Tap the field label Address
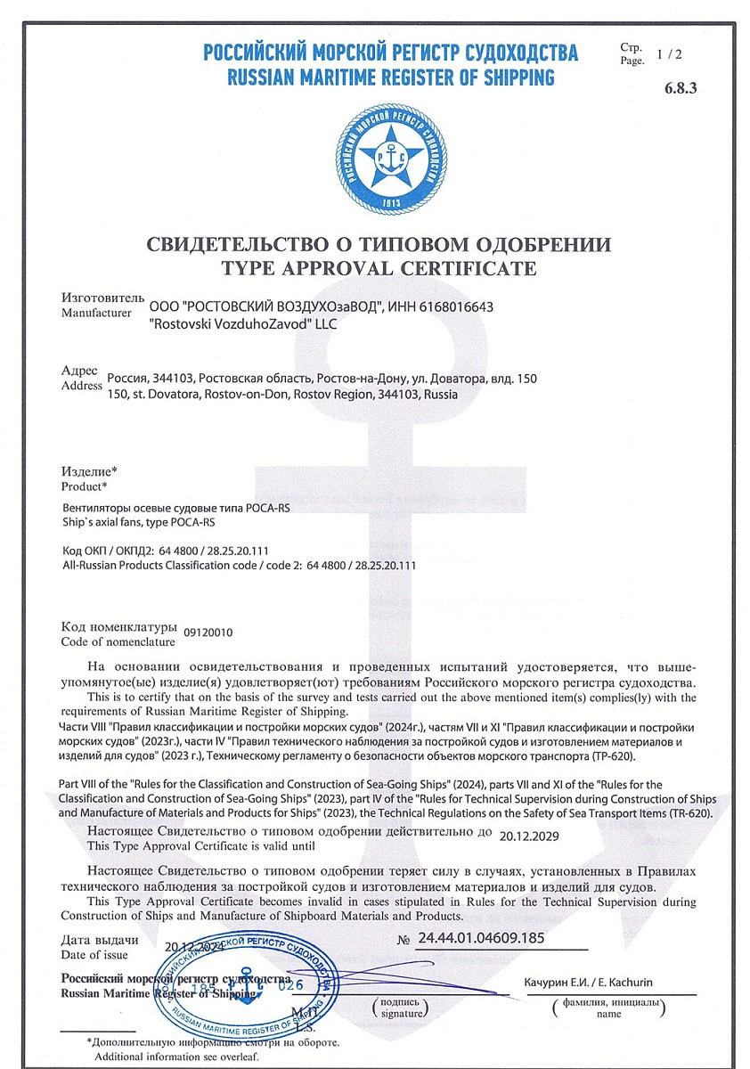pos(81,386)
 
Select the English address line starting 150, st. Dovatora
pos(282,394)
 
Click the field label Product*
pos(84,486)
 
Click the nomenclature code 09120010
pos(208,632)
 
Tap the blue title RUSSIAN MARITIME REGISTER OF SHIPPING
pos(391,77)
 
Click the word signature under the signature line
pos(399,1013)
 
